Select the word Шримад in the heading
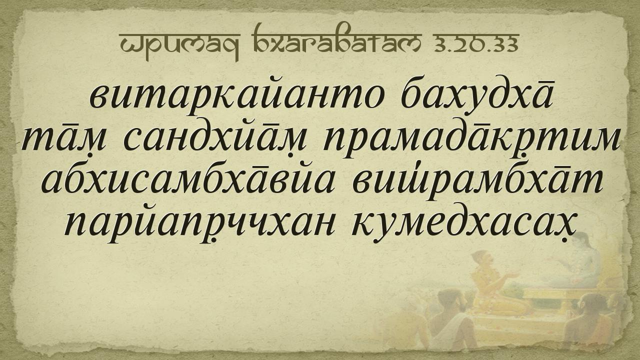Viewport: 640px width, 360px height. click(180, 46)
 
